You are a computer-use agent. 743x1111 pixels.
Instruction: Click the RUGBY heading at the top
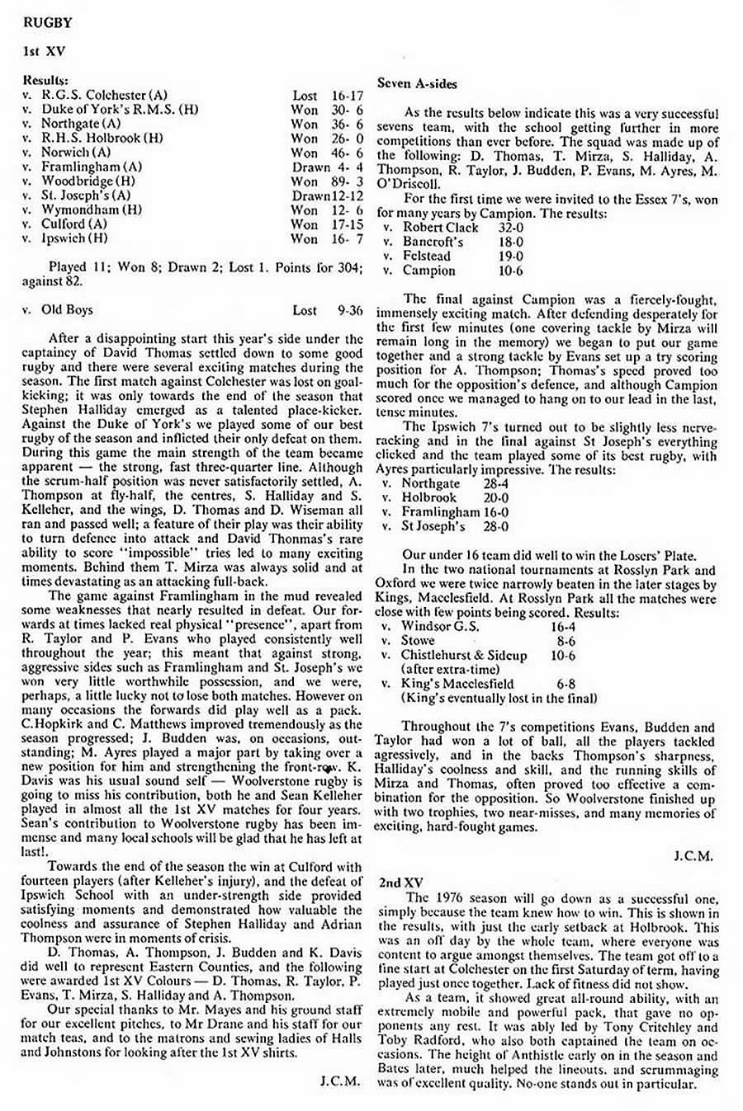pos(49,22)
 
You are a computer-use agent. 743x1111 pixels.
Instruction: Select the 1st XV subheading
pos(45,51)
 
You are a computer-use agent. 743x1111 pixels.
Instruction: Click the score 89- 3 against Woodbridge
pos(347,181)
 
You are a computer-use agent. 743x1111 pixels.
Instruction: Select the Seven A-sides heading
pos(417,83)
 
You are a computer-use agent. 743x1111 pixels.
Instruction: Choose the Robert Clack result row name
pos(441,227)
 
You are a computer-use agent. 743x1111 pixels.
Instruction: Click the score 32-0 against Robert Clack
pos(510,227)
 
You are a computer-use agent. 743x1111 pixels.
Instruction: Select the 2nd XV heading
pos(401,883)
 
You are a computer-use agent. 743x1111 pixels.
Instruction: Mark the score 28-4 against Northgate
pos(496,484)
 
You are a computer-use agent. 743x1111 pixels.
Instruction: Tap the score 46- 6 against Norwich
pos(347,153)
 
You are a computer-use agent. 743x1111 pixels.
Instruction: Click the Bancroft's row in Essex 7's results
pos(433,242)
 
